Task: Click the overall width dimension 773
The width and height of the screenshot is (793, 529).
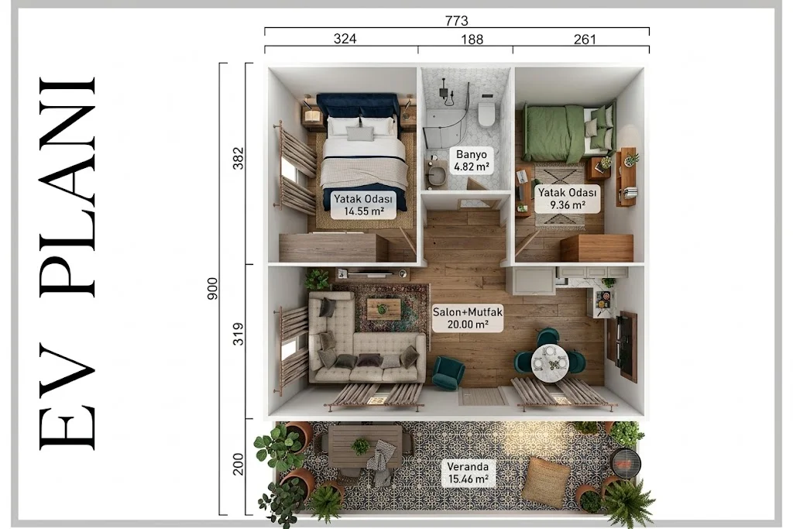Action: click(456, 21)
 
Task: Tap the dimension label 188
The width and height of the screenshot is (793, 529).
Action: click(472, 40)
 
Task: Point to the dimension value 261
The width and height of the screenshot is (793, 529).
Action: click(585, 40)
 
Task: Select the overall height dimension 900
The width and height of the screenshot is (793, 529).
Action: click(212, 289)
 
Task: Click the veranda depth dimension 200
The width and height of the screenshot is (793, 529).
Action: click(238, 464)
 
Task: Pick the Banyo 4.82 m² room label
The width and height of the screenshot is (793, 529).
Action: click(472, 160)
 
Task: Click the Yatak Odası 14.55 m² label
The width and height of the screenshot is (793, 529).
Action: click(363, 204)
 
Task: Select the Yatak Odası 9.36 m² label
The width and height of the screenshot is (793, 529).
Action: click(567, 199)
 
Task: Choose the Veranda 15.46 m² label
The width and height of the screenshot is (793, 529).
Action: click(468, 472)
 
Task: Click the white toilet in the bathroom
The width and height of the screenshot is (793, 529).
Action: click(486, 113)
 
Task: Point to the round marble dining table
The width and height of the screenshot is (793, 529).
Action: click(550, 361)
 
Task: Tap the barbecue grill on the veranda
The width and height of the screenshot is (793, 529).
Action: click(625, 462)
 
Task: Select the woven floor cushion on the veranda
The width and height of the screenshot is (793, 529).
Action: click(546, 482)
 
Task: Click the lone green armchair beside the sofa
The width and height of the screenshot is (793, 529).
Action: click(448, 372)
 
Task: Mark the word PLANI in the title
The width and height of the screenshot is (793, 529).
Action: click(68, 186)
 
